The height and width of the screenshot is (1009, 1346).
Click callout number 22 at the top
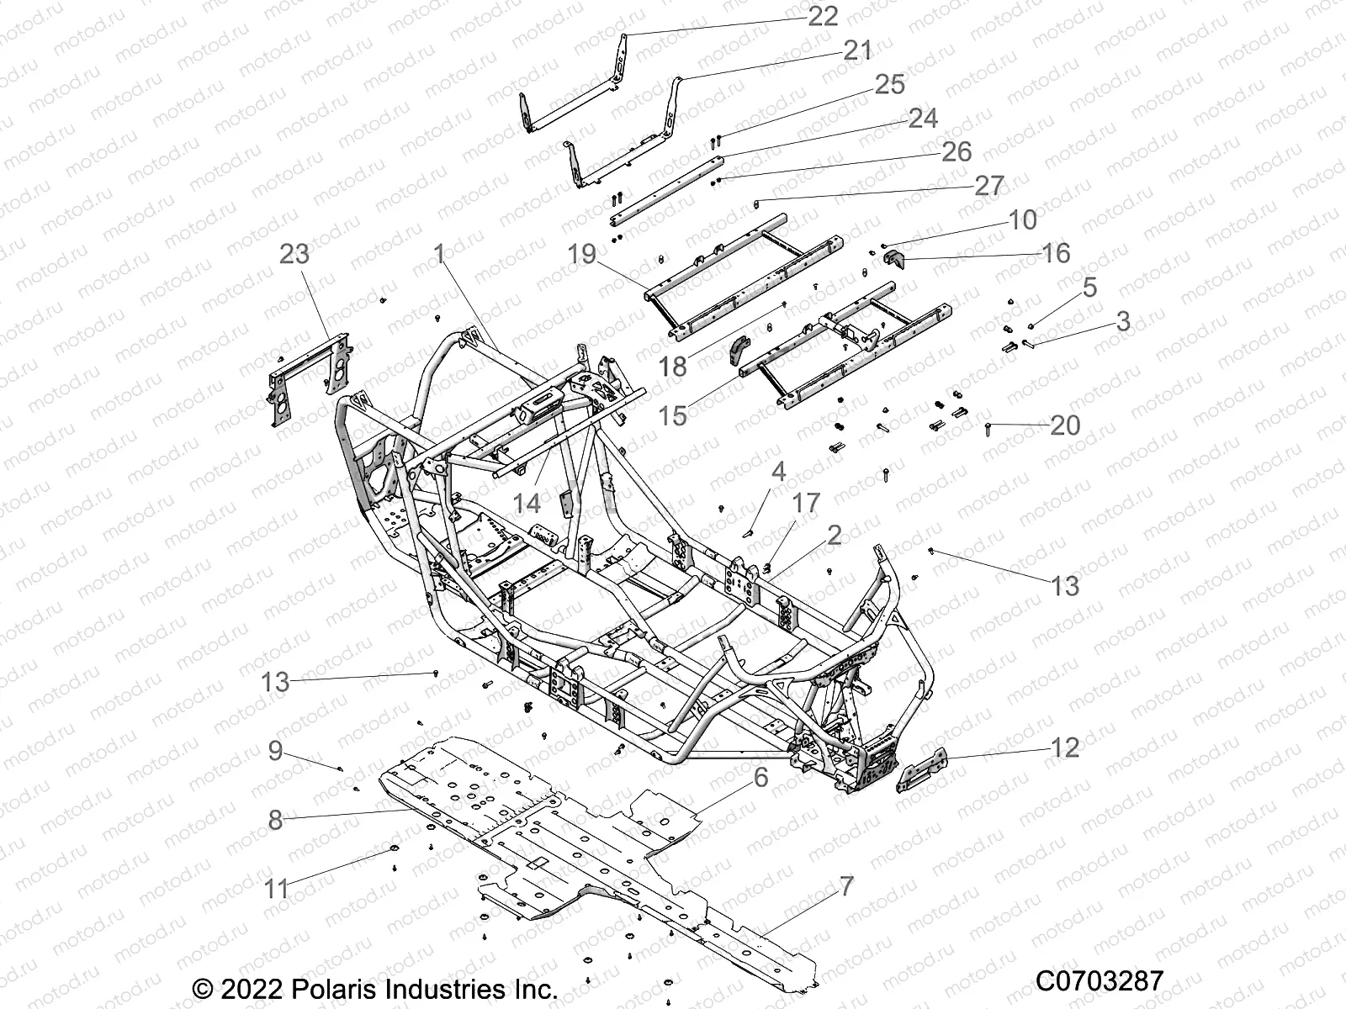[x=822, y=17]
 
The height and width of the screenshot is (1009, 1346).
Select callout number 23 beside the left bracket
[x=294, y=253]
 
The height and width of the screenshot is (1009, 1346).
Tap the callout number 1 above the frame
[x=438, y=254]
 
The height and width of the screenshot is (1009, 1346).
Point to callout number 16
[x=1055, y=252]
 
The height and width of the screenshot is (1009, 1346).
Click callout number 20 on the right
[x=1065, y=425]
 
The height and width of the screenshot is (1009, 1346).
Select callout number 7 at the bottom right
[x=846, y=886]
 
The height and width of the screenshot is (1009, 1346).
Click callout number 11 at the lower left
[x=276, y=888]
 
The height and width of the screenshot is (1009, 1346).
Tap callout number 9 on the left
[x=275, y=751]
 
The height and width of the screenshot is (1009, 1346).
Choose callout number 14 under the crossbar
[x=527, y=504]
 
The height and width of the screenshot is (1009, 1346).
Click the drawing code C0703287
[x=1099, y=981]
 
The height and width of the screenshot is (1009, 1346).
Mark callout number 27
[x=989, y=186]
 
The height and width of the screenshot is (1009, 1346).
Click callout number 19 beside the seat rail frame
[x=581, y=253]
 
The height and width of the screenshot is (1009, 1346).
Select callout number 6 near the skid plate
[x=760, y=778]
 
